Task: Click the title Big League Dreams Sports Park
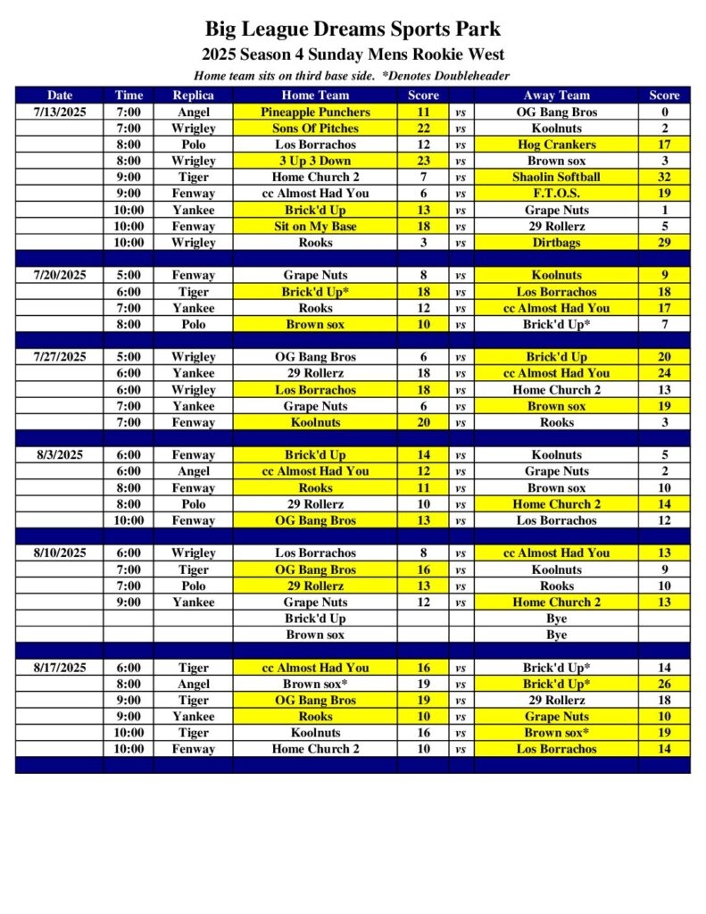(x=353, y=29)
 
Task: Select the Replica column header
(x=193, y=96)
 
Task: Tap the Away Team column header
(x=556, y=96)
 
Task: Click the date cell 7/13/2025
(x=60, y=112)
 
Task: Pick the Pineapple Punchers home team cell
(x=315, y=112)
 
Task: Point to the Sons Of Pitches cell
(x=315, y=129)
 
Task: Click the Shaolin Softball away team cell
(x=556, y=177)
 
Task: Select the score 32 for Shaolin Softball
(x=664, y=177)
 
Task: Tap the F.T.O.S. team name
(x=556, y=193)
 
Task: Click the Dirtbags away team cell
(x=556, y=242)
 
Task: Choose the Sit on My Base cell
(x=315, y=226)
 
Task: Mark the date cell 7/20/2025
(x=60, y=275)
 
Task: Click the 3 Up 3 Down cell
(x=315, y=161)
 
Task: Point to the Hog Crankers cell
(x=556, y=145)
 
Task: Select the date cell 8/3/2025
(x=60, y=454)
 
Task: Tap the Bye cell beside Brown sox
(x=556, y=635)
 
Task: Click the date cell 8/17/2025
(x=60, y=668)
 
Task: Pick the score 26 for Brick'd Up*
(x=664, y=684)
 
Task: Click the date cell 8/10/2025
(x=60, y=553)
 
